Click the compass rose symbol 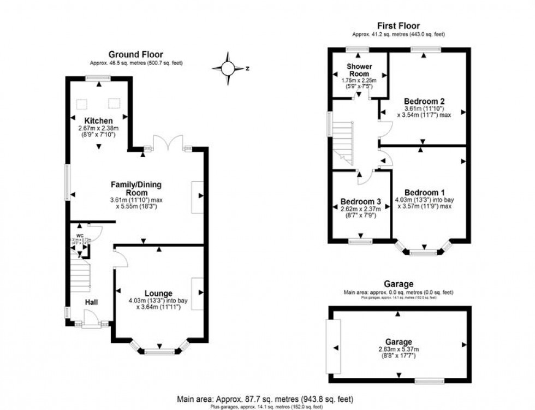(228, 69)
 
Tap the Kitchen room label (98, 121)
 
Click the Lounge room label (158, 293)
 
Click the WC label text (79, 236)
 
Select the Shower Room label (360, 70)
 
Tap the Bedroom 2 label (424, 101)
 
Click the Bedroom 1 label (425, 192)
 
